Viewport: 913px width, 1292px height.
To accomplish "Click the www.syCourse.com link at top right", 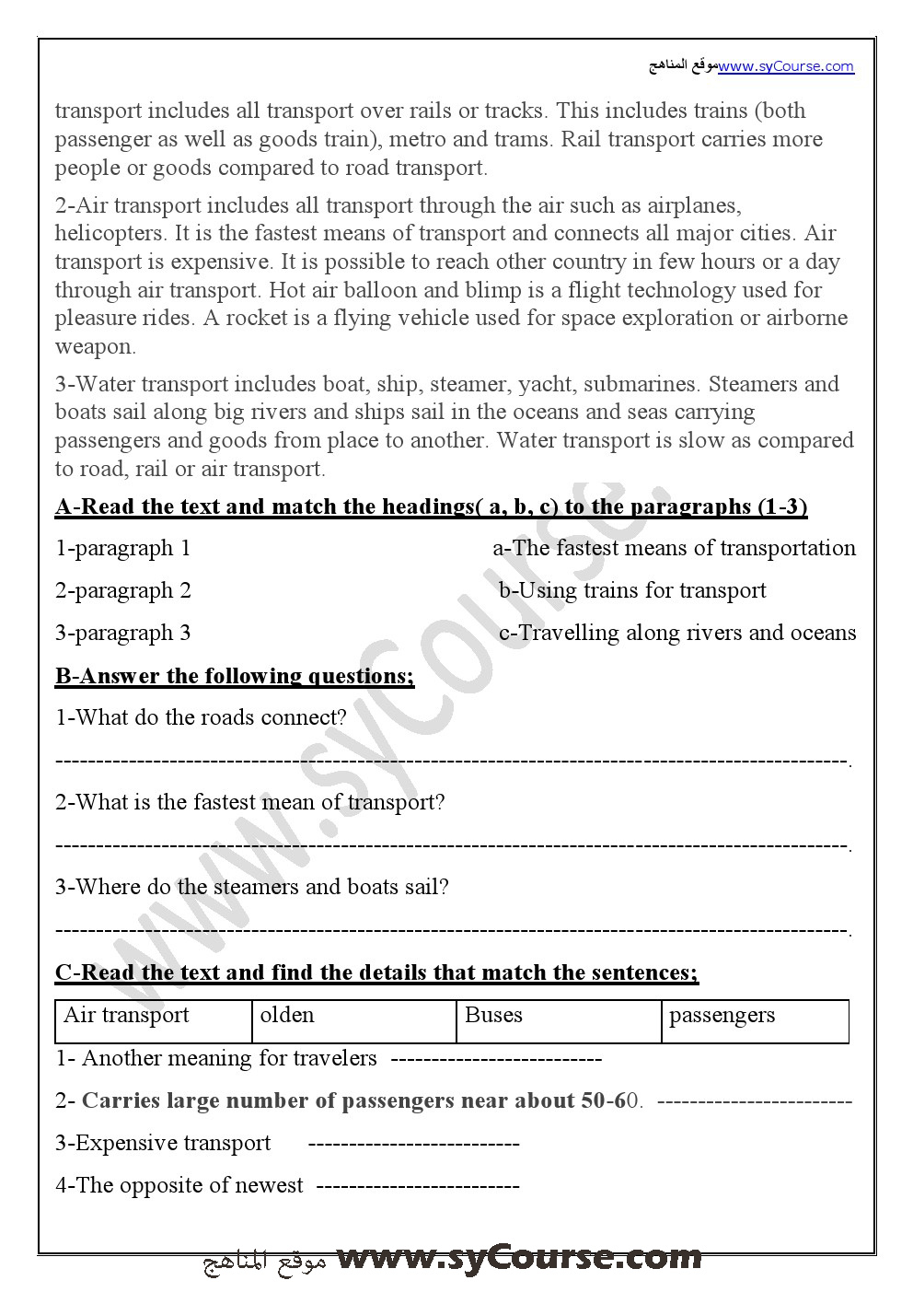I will (x=786, y=66).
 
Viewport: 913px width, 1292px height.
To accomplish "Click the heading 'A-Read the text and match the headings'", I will (x=431, y=506).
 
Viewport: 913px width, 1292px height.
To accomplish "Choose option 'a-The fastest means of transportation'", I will (x=674, y=549).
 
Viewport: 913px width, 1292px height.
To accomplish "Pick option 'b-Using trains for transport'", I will (x=632, y=591).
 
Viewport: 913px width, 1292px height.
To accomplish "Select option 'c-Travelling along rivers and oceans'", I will (x=676, y=634).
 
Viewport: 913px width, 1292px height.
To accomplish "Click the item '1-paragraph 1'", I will (x=123, y=549).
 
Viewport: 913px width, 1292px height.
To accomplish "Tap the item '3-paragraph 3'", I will (x=123, y=634).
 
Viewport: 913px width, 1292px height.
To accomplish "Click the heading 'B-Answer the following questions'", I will (x=235, y=676).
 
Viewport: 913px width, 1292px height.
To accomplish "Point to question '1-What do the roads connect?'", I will (x=201, y=718).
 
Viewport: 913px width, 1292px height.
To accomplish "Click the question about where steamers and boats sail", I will (x=251, y=888).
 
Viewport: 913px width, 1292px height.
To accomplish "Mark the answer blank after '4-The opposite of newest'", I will (x=418, y=1186).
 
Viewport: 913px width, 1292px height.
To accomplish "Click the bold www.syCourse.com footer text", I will (x=519, y=1258).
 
